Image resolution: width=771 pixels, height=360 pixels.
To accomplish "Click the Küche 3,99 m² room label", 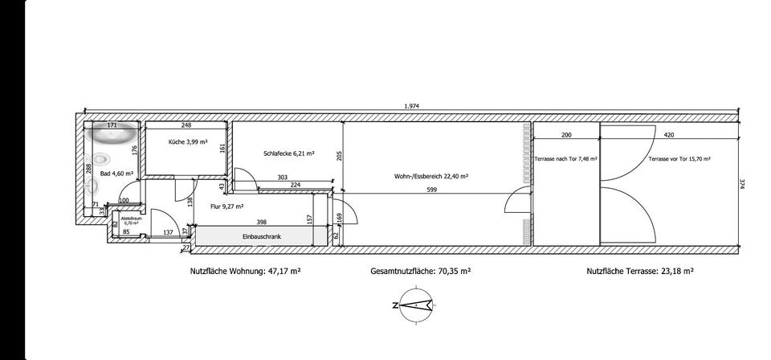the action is click(188, 142).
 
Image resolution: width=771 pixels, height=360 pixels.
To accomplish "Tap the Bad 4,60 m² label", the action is click(116, 173).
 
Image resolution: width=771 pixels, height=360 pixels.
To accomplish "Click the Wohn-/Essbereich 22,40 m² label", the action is click(431, 176).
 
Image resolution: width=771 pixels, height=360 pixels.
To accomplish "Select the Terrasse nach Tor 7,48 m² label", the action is click(566, 159).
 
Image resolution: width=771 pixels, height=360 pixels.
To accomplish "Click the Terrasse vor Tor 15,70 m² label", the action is click(679, 159).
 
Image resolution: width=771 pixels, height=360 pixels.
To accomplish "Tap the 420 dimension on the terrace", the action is click(668, 135).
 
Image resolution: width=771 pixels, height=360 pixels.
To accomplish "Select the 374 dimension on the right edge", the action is click(746, 184).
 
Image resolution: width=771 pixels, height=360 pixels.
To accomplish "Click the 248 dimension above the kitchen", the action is click(186, 125).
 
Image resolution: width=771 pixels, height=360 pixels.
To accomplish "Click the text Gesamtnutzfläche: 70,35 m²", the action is click(420, 272).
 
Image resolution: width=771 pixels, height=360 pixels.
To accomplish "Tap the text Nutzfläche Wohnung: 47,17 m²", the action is click(245, 272).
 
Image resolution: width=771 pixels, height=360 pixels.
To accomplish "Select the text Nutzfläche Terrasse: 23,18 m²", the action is click(639, 272).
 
